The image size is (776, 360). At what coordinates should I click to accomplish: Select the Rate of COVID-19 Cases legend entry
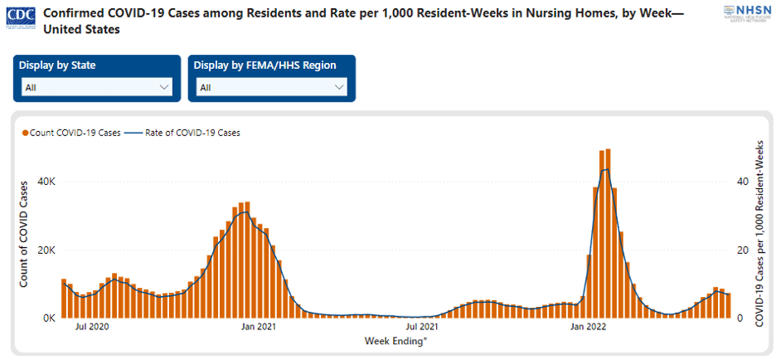point(182,133)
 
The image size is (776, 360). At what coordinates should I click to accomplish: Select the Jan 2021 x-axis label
point(259,328)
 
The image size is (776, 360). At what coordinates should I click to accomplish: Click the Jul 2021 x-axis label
point(422,328)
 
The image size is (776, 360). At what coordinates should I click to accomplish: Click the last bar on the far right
point(728,306)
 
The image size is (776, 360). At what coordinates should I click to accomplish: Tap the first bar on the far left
point(64,299)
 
